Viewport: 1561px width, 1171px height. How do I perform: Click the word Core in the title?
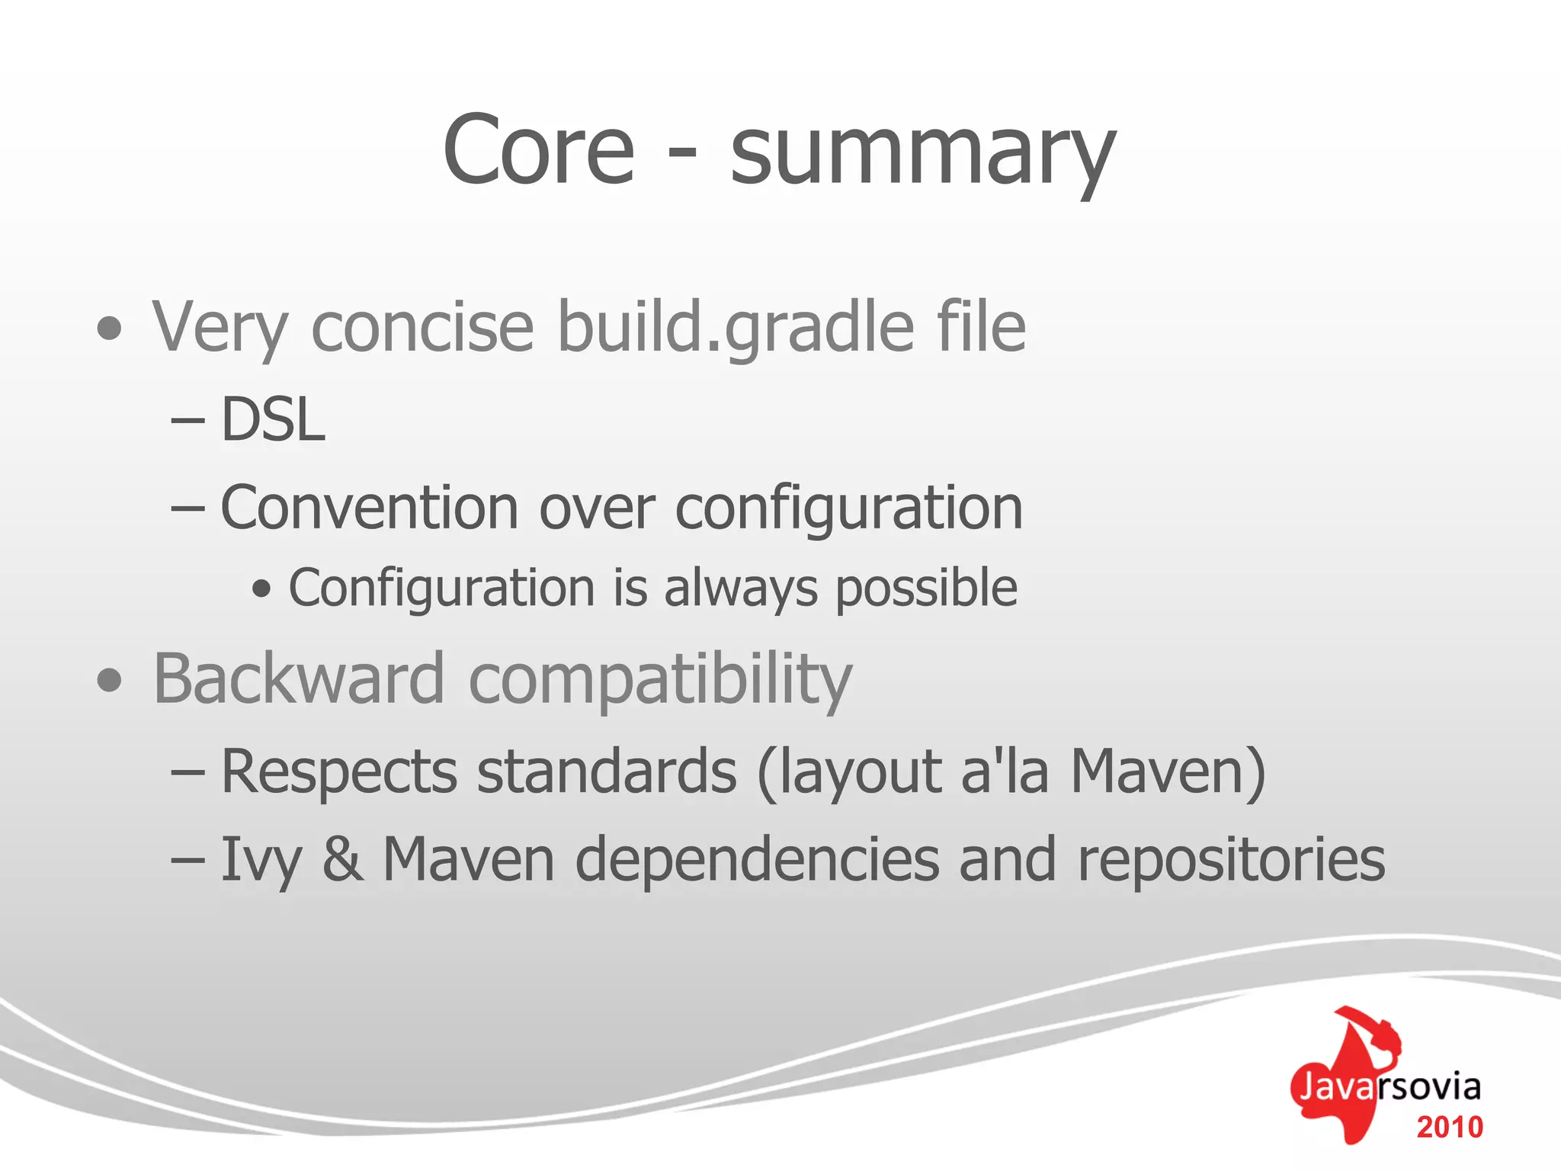[538, 150]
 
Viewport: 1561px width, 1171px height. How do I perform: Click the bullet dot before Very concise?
[110, 329]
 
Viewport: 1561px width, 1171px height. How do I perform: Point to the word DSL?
[273, 420]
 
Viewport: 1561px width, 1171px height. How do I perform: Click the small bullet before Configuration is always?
[261, 589]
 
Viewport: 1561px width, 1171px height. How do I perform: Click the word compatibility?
[660, 681]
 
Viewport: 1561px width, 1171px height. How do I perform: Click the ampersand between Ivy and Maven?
[342, 860]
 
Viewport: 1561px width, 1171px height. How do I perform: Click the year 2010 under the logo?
[1450, 1128]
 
